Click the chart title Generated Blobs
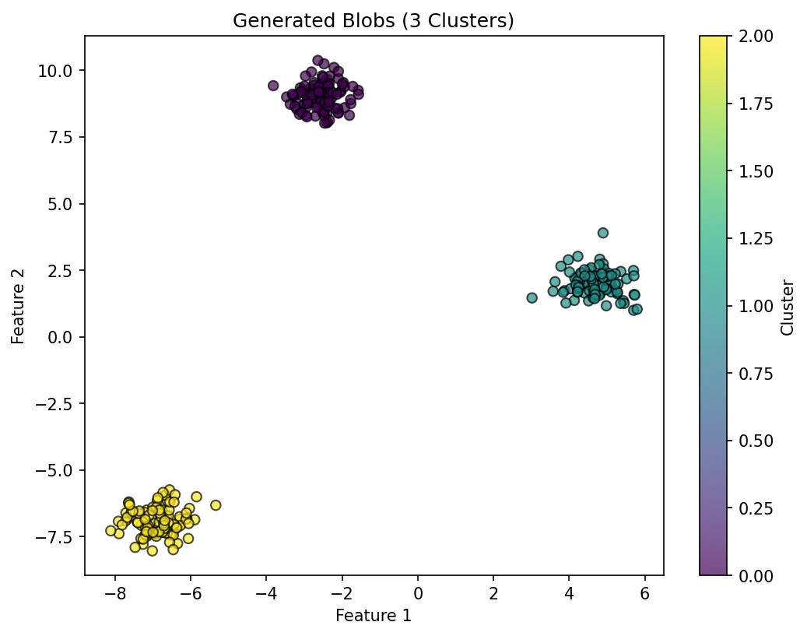coord(374,21)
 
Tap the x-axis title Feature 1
coord(374,616)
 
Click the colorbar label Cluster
coord(788,307)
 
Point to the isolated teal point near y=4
coord(603,233)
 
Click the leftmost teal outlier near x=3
coord(532,297)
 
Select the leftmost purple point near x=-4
coord(273,86)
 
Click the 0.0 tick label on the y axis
coord(61,337)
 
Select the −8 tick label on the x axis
coord(115,594)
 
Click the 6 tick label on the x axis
coord(644,594)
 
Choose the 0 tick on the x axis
coord(418,594)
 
